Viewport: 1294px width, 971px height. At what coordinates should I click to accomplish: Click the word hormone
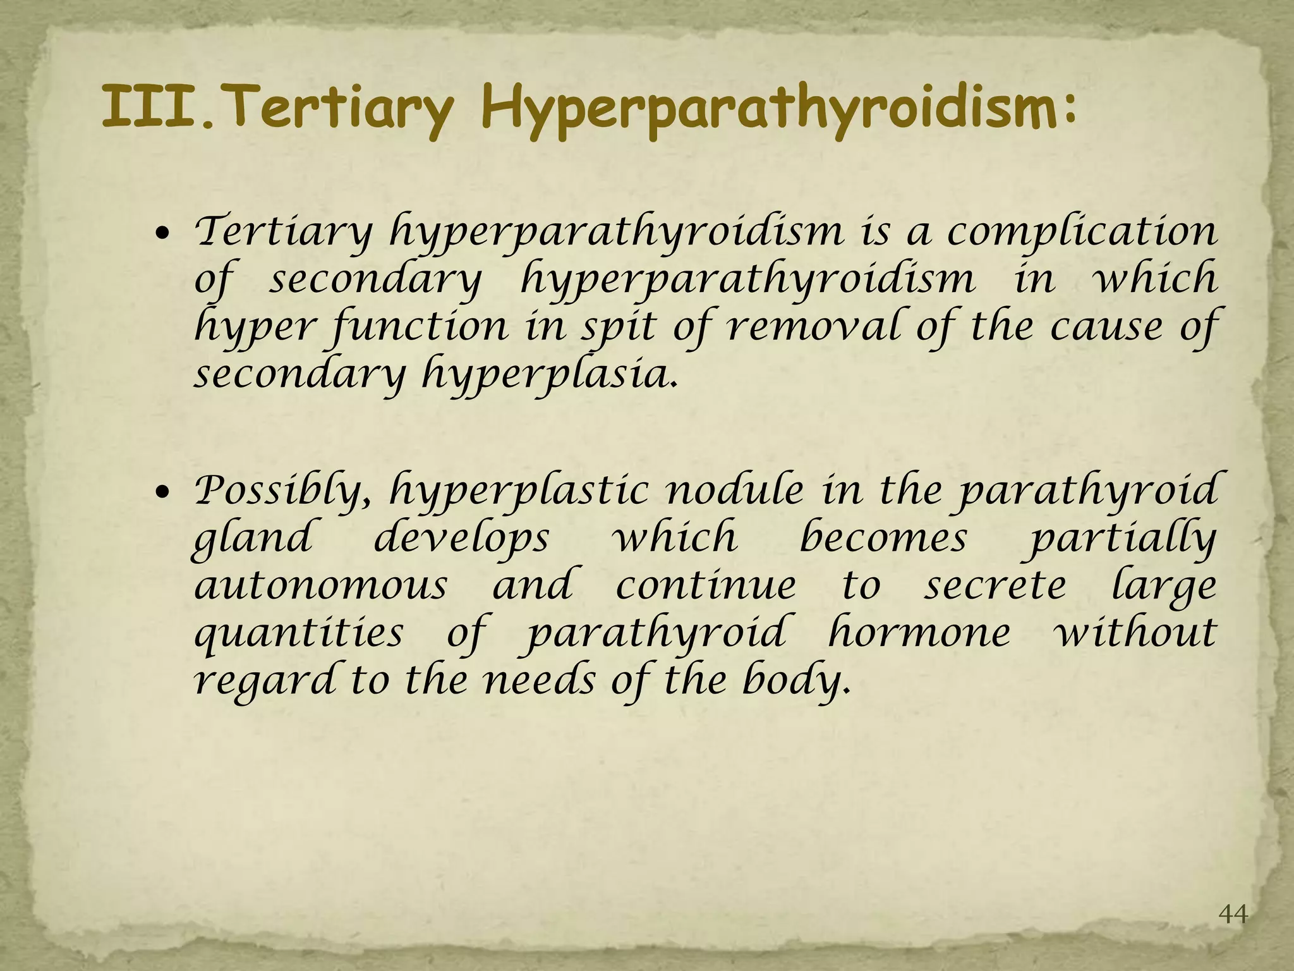[x=919, y=632]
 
